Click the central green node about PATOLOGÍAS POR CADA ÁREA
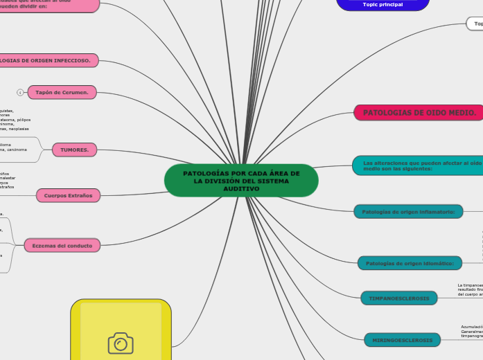click(241, 181)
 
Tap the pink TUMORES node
click(74, 149)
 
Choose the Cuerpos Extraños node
click(68, 196)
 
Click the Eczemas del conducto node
click(62, 245)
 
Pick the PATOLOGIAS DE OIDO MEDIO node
click(419, 113)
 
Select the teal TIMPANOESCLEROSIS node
click(398, 298)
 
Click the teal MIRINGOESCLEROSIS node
click(402, 340)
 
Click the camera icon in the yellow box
click(121, 343)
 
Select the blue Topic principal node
click(383, 4)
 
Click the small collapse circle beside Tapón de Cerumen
click(20, 92)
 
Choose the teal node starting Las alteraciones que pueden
click(418, 164)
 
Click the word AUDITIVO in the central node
click(241, 189)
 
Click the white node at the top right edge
click(475, 24)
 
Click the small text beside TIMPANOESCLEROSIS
click(470, 289)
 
